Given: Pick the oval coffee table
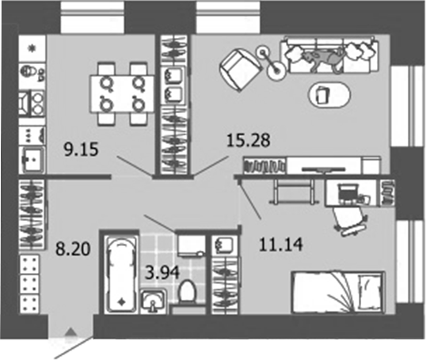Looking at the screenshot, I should (325, 93).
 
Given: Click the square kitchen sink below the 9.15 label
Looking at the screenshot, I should (34, 161).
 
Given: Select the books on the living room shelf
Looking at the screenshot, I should (264, 165).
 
